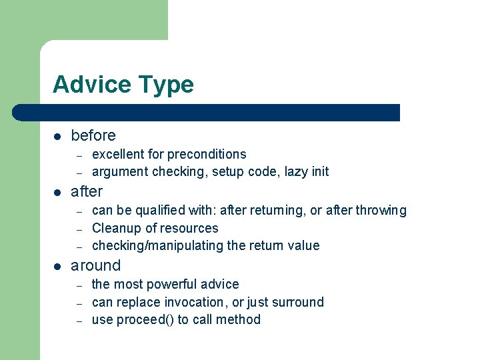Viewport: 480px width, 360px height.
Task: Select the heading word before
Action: pos(93,135)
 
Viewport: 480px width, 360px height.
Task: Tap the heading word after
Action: pos(87,191)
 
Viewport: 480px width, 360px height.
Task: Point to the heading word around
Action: pos(96,265)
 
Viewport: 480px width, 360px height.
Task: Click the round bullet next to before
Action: pos(57,136)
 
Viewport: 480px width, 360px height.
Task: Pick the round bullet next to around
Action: pos(57,266)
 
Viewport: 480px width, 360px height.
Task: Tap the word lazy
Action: pos(295,171)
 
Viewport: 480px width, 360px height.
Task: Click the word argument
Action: pos(120,171)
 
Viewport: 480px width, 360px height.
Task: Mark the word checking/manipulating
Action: pos(157,245)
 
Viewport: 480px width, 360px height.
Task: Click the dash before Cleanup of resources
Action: pos(79,229)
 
